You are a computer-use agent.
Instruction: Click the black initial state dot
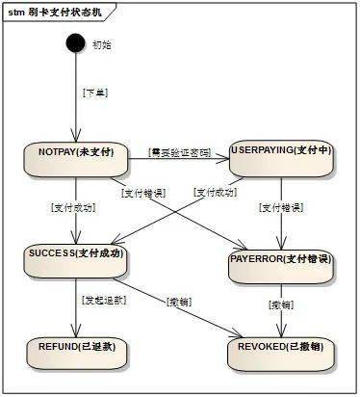pyautogui.click(x=74, y=43)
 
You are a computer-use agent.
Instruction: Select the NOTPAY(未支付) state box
pyautogui.click(x=75, y=159)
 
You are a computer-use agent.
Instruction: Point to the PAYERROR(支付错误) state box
pyautogui.click(x=281, y=265)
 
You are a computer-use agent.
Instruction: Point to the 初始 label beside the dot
pyautogui.click(x=101, y=44)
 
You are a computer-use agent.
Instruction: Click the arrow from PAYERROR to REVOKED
pyautogui.click(x=281, y=308)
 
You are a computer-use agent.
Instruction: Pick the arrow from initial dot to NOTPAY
pyautogui.click(x=74, y=96)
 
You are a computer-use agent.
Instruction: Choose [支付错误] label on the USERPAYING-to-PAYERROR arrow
pyautogui.click(x=280, y=207)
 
